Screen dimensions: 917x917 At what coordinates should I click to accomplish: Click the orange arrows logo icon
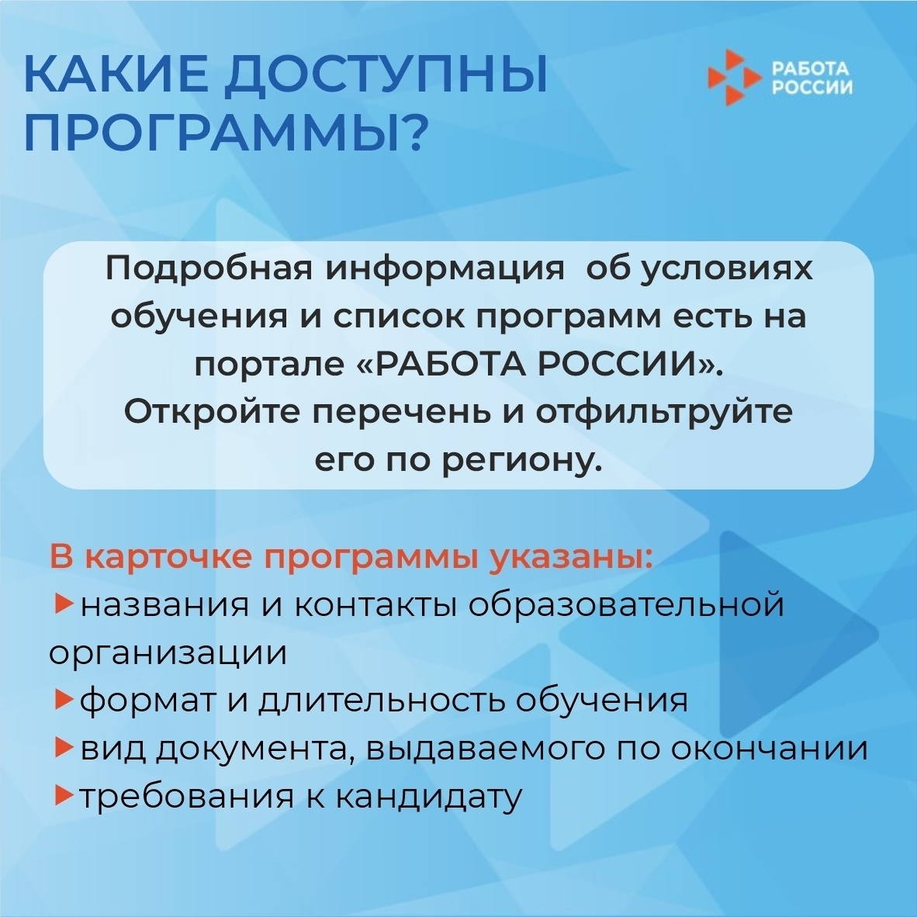[x=734, y=78]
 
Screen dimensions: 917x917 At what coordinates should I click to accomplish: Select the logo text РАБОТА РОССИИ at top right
[x=811, y=78]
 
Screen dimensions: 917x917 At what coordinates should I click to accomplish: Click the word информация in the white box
[x=444, y=270]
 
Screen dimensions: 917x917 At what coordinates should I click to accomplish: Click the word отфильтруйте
[x=664, y=412]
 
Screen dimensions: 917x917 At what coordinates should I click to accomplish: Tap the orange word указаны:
[x=569, y=557]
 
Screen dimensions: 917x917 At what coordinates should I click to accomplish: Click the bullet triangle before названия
[x=63, y=604]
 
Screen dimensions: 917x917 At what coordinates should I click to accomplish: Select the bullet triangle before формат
[x=63, y=699]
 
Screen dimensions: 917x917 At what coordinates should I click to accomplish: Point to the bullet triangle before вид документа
[x=63, y=747]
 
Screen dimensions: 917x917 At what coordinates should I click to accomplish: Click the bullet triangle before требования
[x=63, y=795]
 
